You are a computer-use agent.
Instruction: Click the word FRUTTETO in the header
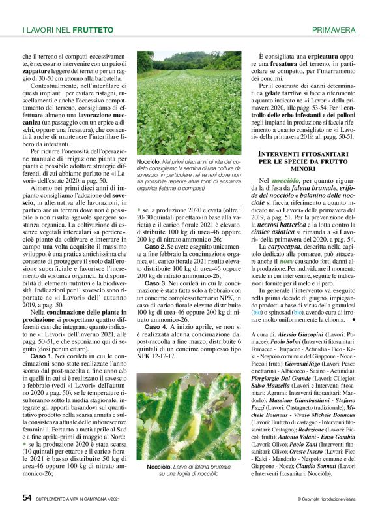(x=94, y=30)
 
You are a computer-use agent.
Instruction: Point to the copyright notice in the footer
(x=327, y=499)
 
